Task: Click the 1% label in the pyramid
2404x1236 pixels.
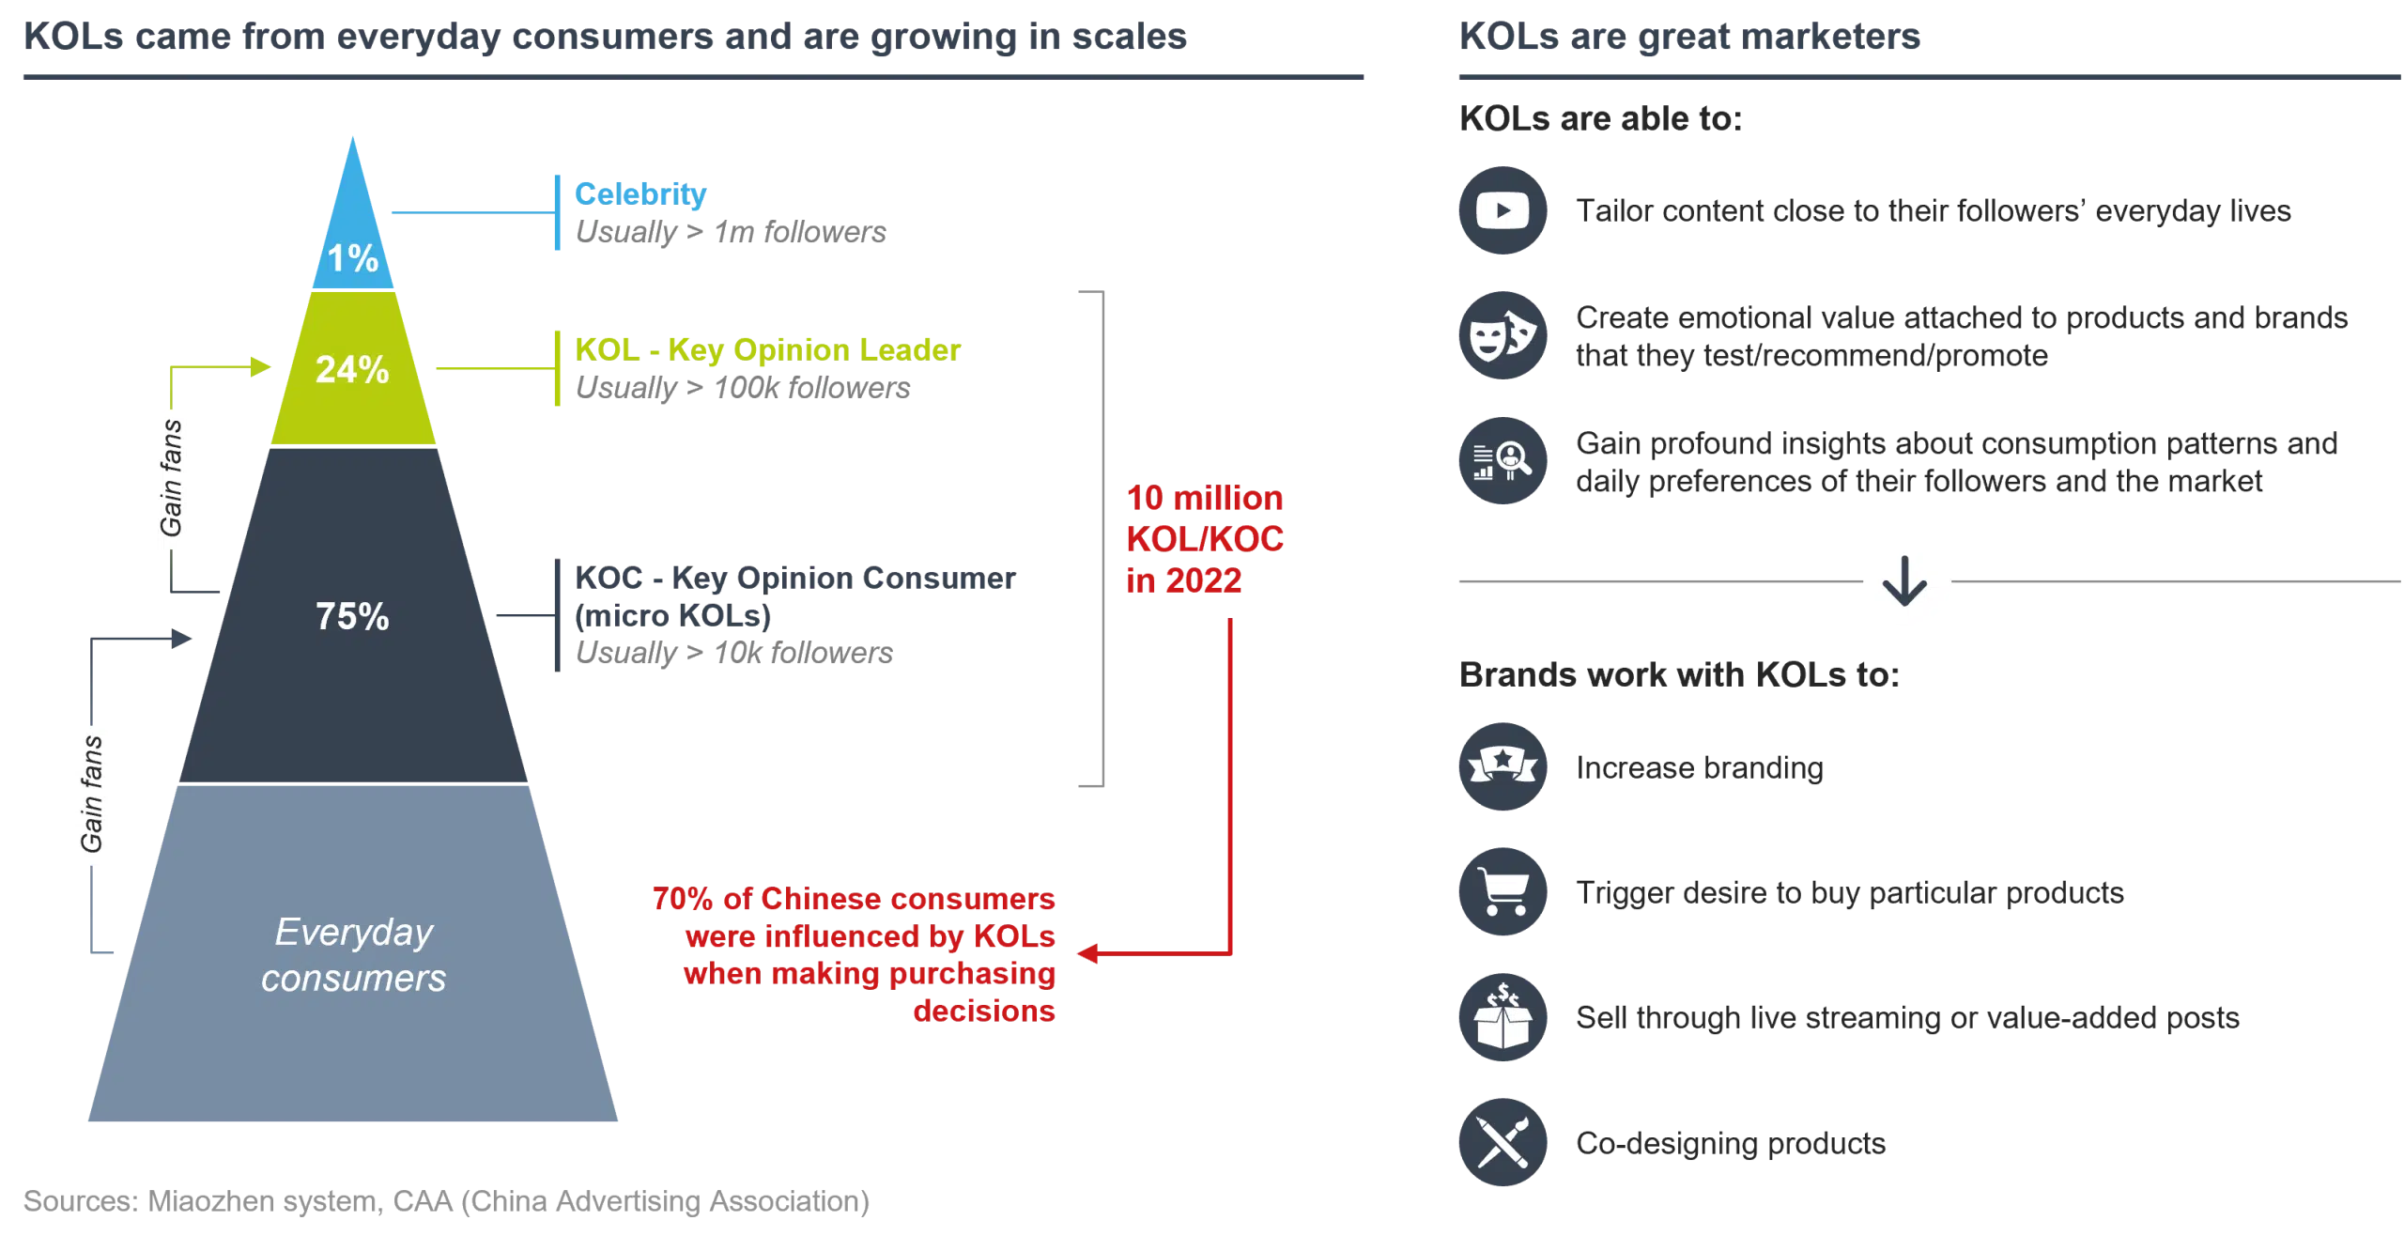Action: [352, 258]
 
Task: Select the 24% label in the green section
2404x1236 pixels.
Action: [352, 369]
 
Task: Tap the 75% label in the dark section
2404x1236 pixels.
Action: [352, 616]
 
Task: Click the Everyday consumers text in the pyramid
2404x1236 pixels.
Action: [353, 955]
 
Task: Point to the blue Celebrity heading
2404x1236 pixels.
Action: [640, 194]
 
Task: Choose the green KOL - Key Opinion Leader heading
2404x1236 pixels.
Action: [766, 348]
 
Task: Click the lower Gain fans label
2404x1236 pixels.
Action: [90, 796]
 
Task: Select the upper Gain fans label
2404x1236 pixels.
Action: [170, 480]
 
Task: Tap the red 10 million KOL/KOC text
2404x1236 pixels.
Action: [1205, 538]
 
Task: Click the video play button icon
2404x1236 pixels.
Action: [1502, 210]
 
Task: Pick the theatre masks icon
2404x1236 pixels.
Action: [1502, 335]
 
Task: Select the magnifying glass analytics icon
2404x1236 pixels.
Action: [1502, 461]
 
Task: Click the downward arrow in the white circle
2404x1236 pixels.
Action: [1907, 582]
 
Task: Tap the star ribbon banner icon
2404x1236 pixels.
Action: [1502, 766]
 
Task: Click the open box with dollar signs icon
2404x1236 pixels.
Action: [1502, 1017]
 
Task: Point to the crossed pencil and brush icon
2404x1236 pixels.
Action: [1502, 1142]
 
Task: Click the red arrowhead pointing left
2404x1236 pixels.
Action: [1087, 954]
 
